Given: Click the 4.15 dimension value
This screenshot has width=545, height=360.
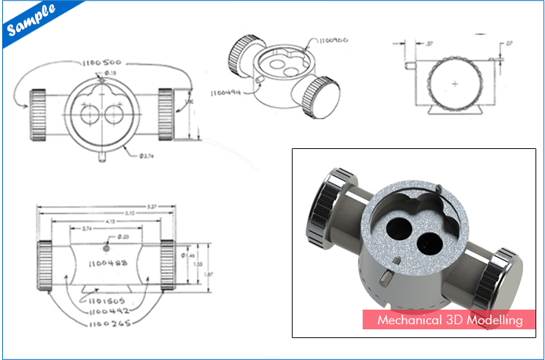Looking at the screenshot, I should click(x=109, y=222).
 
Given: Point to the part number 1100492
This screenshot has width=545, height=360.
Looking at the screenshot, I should click(x=105, y=310).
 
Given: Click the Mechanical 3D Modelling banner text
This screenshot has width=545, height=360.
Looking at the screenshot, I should click(x=449, y=320).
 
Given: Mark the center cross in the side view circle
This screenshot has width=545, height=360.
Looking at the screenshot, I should click(x=455, y=84).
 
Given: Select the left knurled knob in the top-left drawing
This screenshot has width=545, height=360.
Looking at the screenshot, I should click(x=38, y=115).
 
